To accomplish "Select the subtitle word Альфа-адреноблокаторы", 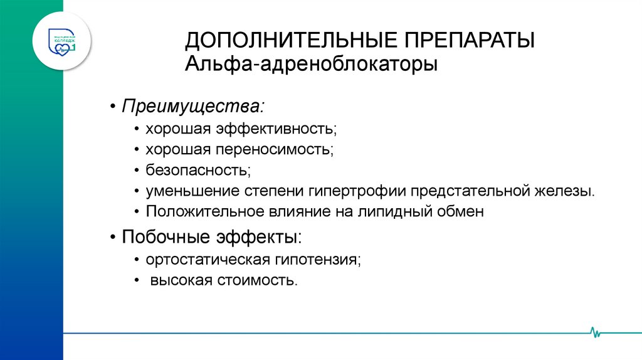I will [x=311, y=65].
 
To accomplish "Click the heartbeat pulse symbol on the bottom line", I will [x=596, y=332].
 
